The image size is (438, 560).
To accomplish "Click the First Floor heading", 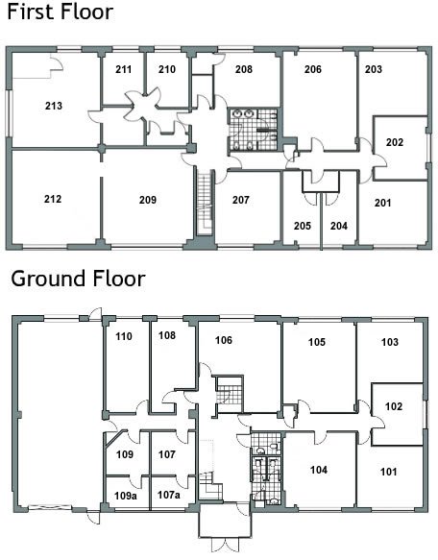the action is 60,12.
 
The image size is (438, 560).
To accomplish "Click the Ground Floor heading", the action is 78,279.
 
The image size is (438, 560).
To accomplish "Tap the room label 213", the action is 54,106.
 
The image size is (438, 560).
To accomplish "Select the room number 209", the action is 148,200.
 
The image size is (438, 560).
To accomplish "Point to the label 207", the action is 241,200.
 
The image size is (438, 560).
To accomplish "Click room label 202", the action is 395,142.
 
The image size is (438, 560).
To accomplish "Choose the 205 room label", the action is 303,226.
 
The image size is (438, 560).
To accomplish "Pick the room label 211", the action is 123,69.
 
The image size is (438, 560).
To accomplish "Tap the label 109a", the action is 126,496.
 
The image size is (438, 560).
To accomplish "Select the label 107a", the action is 169,495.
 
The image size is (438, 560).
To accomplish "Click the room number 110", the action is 124,336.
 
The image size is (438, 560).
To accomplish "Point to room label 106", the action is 224,340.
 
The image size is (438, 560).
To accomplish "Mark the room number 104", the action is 319,470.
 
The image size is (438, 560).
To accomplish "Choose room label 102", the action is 394,406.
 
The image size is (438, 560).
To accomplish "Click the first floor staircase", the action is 205,203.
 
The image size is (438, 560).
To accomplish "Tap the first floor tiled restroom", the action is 253,130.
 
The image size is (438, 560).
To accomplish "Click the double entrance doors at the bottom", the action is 225,546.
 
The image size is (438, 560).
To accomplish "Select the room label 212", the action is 53,199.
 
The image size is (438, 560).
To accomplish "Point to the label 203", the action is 374,69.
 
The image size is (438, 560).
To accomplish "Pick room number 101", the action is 389,472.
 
